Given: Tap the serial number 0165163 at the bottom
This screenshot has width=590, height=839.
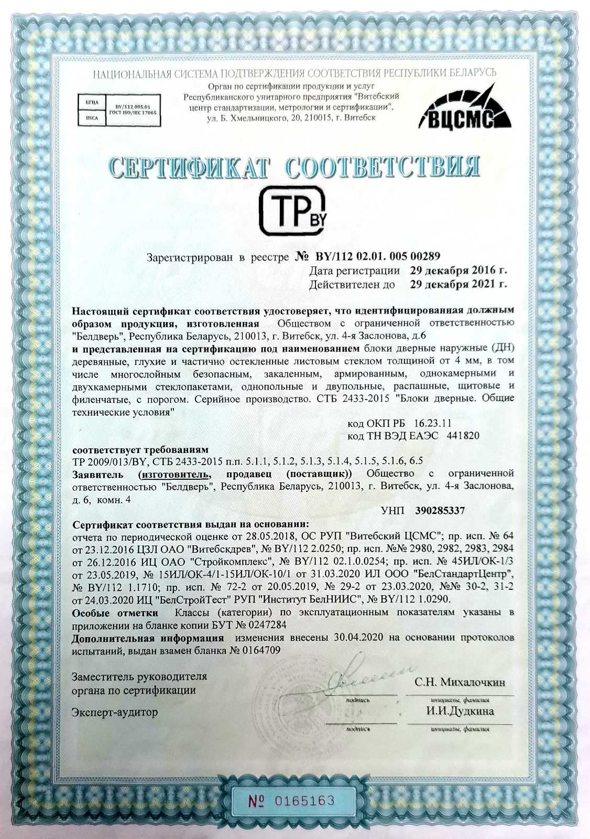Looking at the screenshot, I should coord(304,801).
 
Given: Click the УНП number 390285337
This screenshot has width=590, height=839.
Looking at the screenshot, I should coord(440,510).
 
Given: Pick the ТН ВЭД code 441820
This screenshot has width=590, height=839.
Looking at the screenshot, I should coord(461,436).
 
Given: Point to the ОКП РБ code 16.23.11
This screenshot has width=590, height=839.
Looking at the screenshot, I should coord(433,423).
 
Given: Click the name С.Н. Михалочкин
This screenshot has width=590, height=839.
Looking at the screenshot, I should coord(460,682).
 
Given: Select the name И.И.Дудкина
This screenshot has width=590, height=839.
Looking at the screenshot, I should coord(460,711).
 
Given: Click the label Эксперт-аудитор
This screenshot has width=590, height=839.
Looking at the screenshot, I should coord(115,713).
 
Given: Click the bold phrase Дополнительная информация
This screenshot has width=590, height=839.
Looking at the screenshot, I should coord(148,638).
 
